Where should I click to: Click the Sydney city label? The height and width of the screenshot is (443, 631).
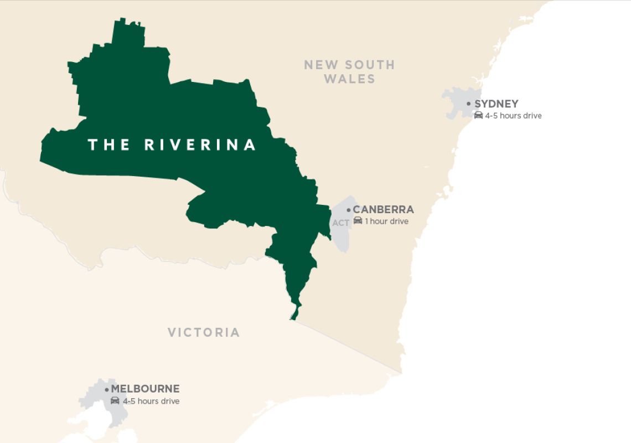click(x=496, y=104)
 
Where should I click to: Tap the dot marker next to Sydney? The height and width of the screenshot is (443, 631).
click(x=469, y=104)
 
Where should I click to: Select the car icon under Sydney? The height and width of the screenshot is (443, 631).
click(x=478, y=115)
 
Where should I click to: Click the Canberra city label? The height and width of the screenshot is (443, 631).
click(x=383, y=210)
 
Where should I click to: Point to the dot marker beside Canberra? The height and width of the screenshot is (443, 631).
click(x=348, y=210)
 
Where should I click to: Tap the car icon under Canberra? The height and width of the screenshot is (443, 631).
click(x=358, y=221)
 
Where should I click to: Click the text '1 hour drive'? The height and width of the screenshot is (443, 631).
click(x=386, y=221)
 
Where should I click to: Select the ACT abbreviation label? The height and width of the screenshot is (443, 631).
click(x=341, y=223)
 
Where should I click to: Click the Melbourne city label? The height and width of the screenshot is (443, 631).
click(x=145, y=389)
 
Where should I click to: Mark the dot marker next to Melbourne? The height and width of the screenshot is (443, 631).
click(x=106, y=389)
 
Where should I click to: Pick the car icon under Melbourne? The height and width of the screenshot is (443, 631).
click(x=115, y=400)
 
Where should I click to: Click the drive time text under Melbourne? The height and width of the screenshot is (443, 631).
click(x=151, y=401)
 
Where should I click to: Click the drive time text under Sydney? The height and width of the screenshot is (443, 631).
click(x=513, y=116)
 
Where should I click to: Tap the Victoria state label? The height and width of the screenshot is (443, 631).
click(x=204, y=332)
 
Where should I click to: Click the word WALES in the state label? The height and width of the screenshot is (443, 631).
click(x=349, y=79)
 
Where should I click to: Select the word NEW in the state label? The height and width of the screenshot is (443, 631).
click(x=320, y=65)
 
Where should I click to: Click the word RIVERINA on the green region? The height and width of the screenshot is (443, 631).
click(x=200, y=145)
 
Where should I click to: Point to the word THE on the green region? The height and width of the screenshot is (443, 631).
click(x=108, y=145)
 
